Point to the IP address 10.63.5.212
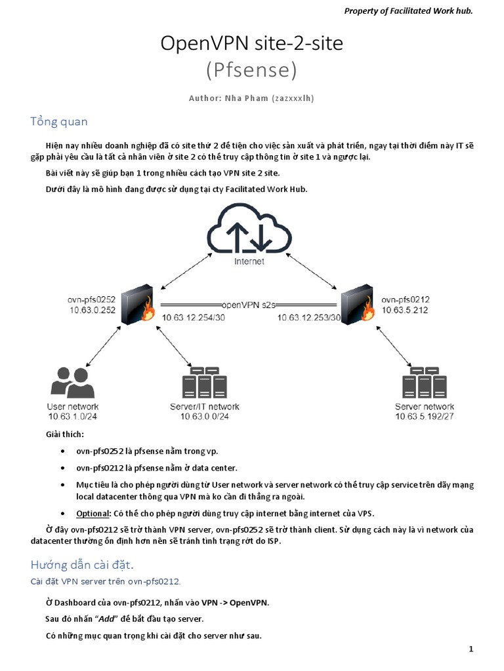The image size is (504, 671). (404, 310)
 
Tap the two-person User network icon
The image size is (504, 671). (71, 382)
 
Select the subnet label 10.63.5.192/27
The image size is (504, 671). (424, 416)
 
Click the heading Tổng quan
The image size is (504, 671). (59, 122)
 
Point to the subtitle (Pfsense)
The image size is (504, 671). (251, 69)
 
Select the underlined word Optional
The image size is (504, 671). (91, 513)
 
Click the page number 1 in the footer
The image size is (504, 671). (471, 649)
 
